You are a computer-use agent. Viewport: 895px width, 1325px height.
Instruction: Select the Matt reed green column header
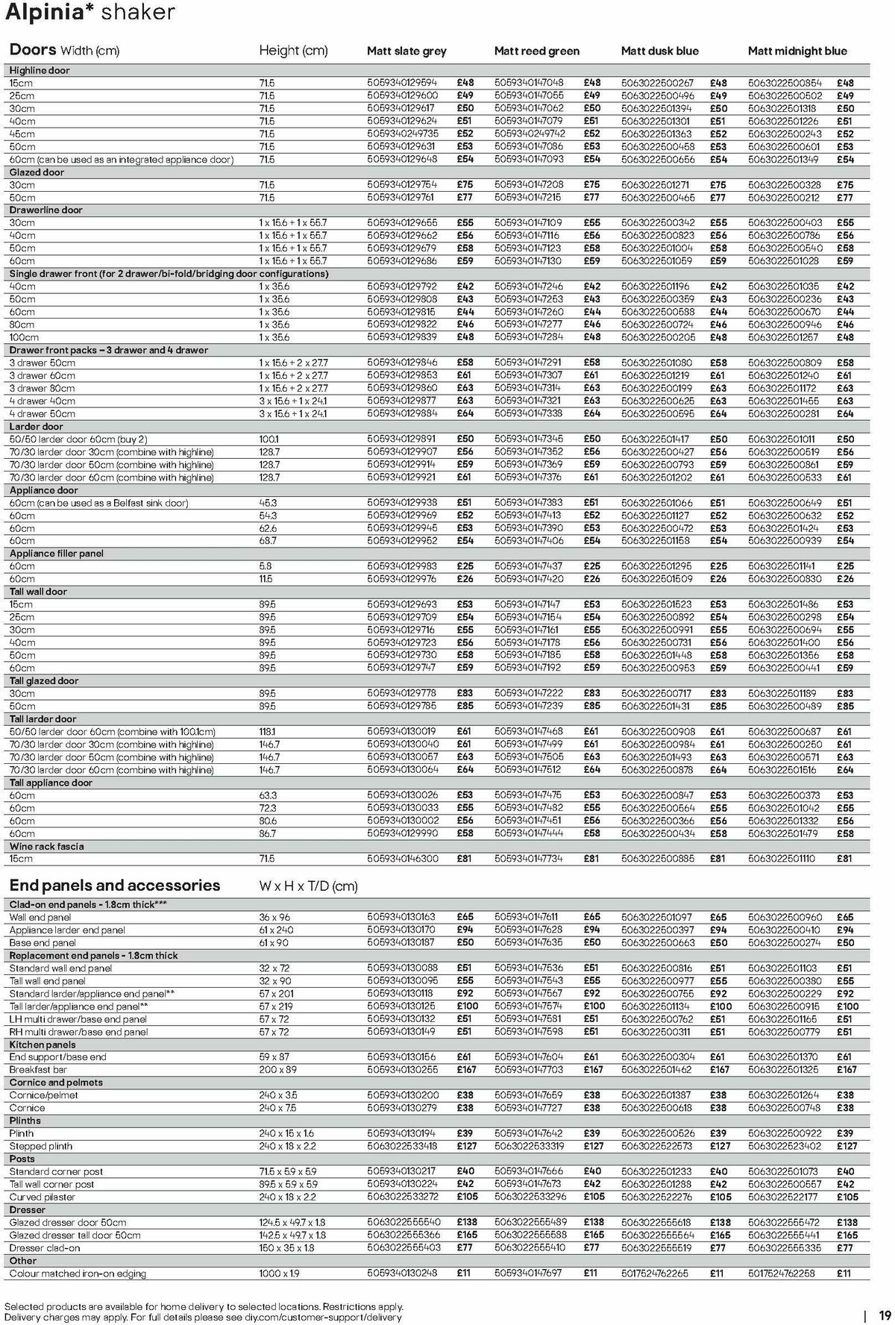pos(536,51)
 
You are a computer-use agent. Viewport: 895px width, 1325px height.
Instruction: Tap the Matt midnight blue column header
pos(797,51)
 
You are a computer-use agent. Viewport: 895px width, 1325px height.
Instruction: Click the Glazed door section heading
pos(37,172)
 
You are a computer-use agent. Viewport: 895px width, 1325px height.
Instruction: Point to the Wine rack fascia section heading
pos(47,846)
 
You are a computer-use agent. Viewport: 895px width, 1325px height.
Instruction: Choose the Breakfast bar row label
pos(38,1070)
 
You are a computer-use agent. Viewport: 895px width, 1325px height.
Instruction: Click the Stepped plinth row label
pos(41,1146)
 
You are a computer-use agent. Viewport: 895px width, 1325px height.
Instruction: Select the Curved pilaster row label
pos(43,1197)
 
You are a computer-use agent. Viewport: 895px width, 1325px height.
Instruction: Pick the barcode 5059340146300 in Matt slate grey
pos(403,859)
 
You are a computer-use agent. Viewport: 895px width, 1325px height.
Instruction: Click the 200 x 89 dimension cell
pos(279,1070)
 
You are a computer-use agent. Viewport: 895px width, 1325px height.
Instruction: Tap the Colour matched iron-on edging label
pos(78,1274)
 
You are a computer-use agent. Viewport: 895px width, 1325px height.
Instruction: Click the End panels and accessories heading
pos(115,886)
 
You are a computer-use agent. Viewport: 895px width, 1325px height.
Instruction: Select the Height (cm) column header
pos(293,51)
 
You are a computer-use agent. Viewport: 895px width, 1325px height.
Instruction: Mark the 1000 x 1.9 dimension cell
pos(280,1274)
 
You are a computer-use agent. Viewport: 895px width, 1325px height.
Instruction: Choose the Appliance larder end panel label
pos(67,930)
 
